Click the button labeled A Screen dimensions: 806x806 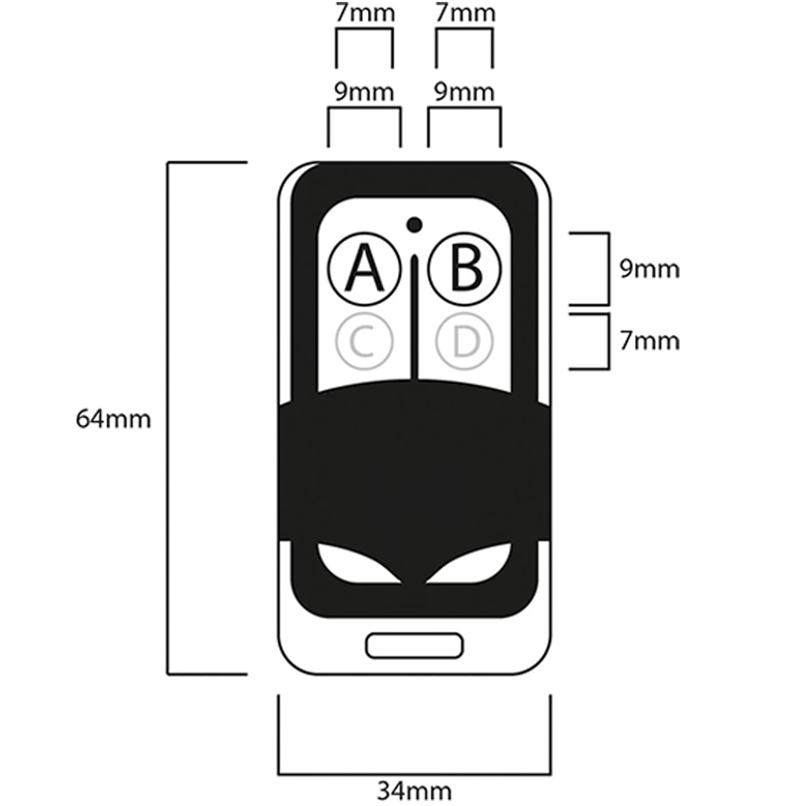coord(364,268)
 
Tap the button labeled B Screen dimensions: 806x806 coord(464,268)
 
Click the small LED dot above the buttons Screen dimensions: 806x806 coord(414,224)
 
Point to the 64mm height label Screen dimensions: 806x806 coord(113,419)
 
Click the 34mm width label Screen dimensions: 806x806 coord(414,791)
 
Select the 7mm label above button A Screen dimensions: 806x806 coord(365,14)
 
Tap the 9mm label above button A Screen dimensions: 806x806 coord(364,93)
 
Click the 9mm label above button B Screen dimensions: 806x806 coord(464,93)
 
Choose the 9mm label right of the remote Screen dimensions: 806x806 coord(649,270)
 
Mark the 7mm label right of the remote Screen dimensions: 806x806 coord(649,342)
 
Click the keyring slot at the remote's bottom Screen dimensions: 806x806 coord(414,645)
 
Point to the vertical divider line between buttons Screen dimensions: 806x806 coord(415,322)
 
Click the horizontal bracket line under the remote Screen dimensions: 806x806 coord(414,774)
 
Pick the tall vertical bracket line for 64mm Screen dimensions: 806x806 coord(168,418)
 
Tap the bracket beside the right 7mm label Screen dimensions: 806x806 coord(609,342)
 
